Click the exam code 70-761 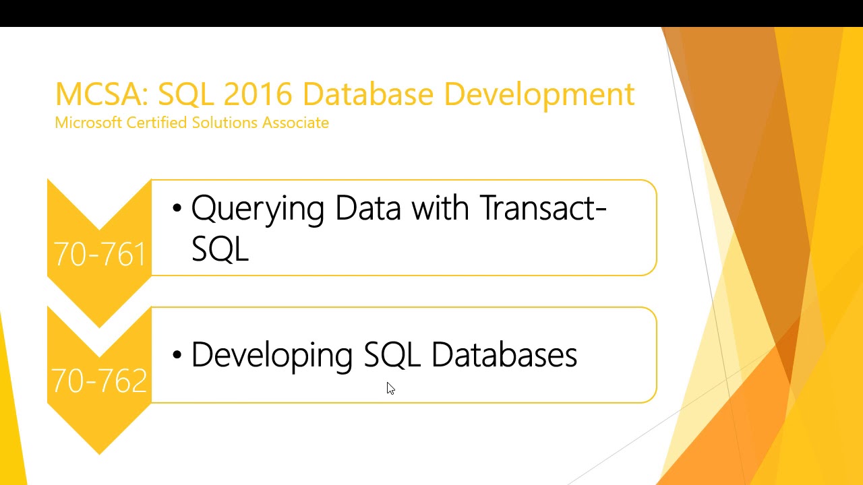pyautogui.click(x=100, y=255)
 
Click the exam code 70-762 pyautogui.click(x=100, y=381)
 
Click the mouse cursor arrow pyautogui.click(x=390, y=388)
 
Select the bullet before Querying pyautogui.click(x=177, y=209)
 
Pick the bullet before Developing pyautogui.click(x=177, y=355)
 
